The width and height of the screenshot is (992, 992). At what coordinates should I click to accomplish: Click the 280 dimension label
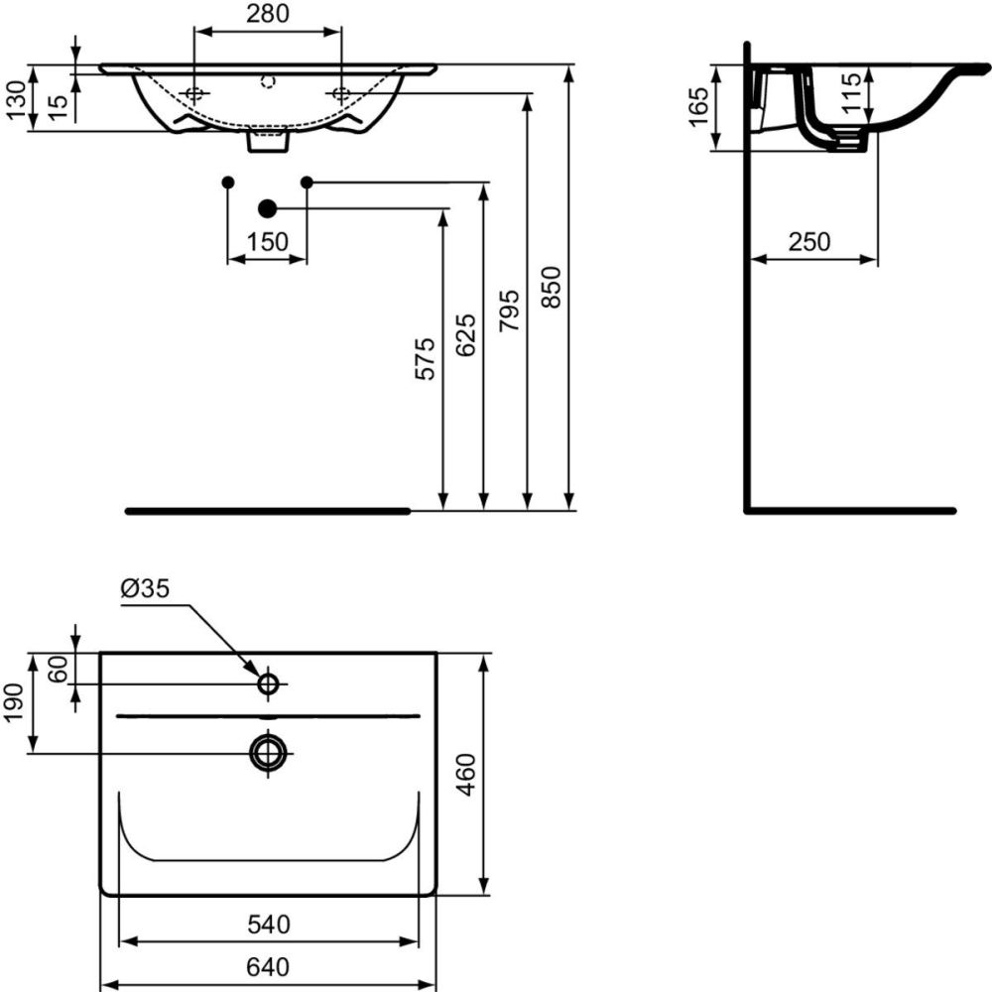[268, 14]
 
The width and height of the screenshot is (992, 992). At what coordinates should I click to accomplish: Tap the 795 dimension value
[510, 310]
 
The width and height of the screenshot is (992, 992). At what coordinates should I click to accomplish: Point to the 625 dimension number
[466, 334]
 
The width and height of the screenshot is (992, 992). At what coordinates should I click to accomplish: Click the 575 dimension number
[425, 358]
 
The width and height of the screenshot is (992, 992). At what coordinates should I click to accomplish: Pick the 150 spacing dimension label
[268, 241]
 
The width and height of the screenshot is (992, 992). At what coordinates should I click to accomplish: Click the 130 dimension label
[16, 99]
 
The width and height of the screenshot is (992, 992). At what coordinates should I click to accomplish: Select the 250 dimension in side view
[809, 241]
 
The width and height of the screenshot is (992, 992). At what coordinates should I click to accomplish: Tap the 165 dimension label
[697, 107]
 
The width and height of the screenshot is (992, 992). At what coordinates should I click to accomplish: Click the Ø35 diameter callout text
[145, 588]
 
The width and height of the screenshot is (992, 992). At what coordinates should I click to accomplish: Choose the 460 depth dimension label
[466, 775]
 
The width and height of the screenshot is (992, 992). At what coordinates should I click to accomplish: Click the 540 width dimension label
[268, 925]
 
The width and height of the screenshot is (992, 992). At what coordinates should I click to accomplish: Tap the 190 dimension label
[16, 702]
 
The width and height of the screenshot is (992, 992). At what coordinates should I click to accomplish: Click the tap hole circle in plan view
[268, 683]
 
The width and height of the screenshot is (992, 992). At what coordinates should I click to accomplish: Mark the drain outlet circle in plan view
[268, 752]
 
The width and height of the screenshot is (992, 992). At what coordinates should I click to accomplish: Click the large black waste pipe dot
[266, 208]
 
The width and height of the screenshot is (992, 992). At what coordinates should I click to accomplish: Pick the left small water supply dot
[228, 183]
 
